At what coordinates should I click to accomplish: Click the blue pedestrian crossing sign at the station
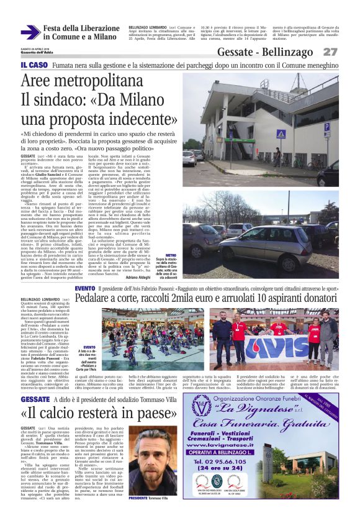pyautogui.click(x=281, y=134)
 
